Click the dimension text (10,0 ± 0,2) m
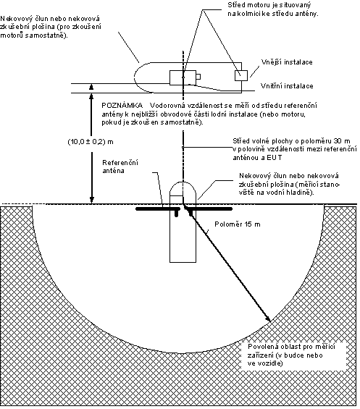click(x=91, y=142)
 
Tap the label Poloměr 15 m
click(x=238, y=224)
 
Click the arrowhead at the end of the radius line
click(x=268, y=319)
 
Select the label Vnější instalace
click(x=287, y=62)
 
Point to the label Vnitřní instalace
click(x=287, y=86)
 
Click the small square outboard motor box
click(x=241, y=75)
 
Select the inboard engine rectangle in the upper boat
click(x=183, y=77)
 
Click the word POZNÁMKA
click(x=122, y=106)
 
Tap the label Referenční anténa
click(x=120, y=166)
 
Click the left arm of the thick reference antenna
click(x=157, y=209)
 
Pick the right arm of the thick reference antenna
click(x=209, y=209)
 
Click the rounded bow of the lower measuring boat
click(x=183, y=182)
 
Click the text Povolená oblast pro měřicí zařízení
click(x=291, y=351)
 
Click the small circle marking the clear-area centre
click(x=183, y=148)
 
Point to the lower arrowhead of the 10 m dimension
click(x=92, y=200)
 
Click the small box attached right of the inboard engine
click(x=198, y=77)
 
